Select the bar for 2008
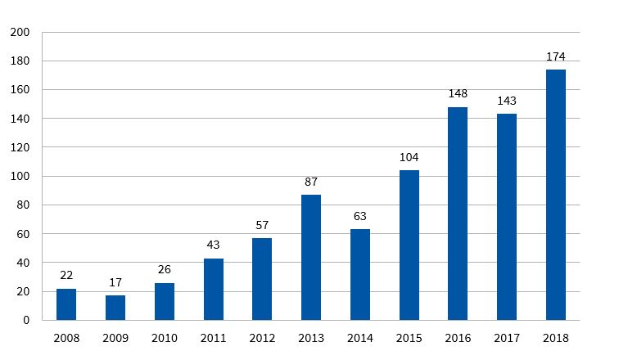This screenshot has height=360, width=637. (x=66, y=304)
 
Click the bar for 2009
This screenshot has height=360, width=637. (x=115, y=308)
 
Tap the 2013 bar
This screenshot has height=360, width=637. (x=311, y=257)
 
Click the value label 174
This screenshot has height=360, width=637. (x=556, y=57)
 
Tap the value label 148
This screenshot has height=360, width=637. (x=458, y=94)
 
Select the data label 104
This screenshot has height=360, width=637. (x=409, y=157)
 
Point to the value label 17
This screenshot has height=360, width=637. (x=115, y=282)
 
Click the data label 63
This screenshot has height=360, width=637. (x=360, y=216)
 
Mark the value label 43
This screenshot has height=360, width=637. (x=213, y=245)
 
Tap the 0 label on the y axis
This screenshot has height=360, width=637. (x=26, y=321)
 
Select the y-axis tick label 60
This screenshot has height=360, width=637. (x=23, y=234)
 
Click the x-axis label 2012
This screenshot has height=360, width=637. (x=262, y=337)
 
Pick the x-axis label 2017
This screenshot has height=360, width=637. (x=507, y=337)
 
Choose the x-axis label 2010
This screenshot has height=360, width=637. (x=165, y=337)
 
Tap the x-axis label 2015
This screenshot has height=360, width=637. (x=409, y=337)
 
